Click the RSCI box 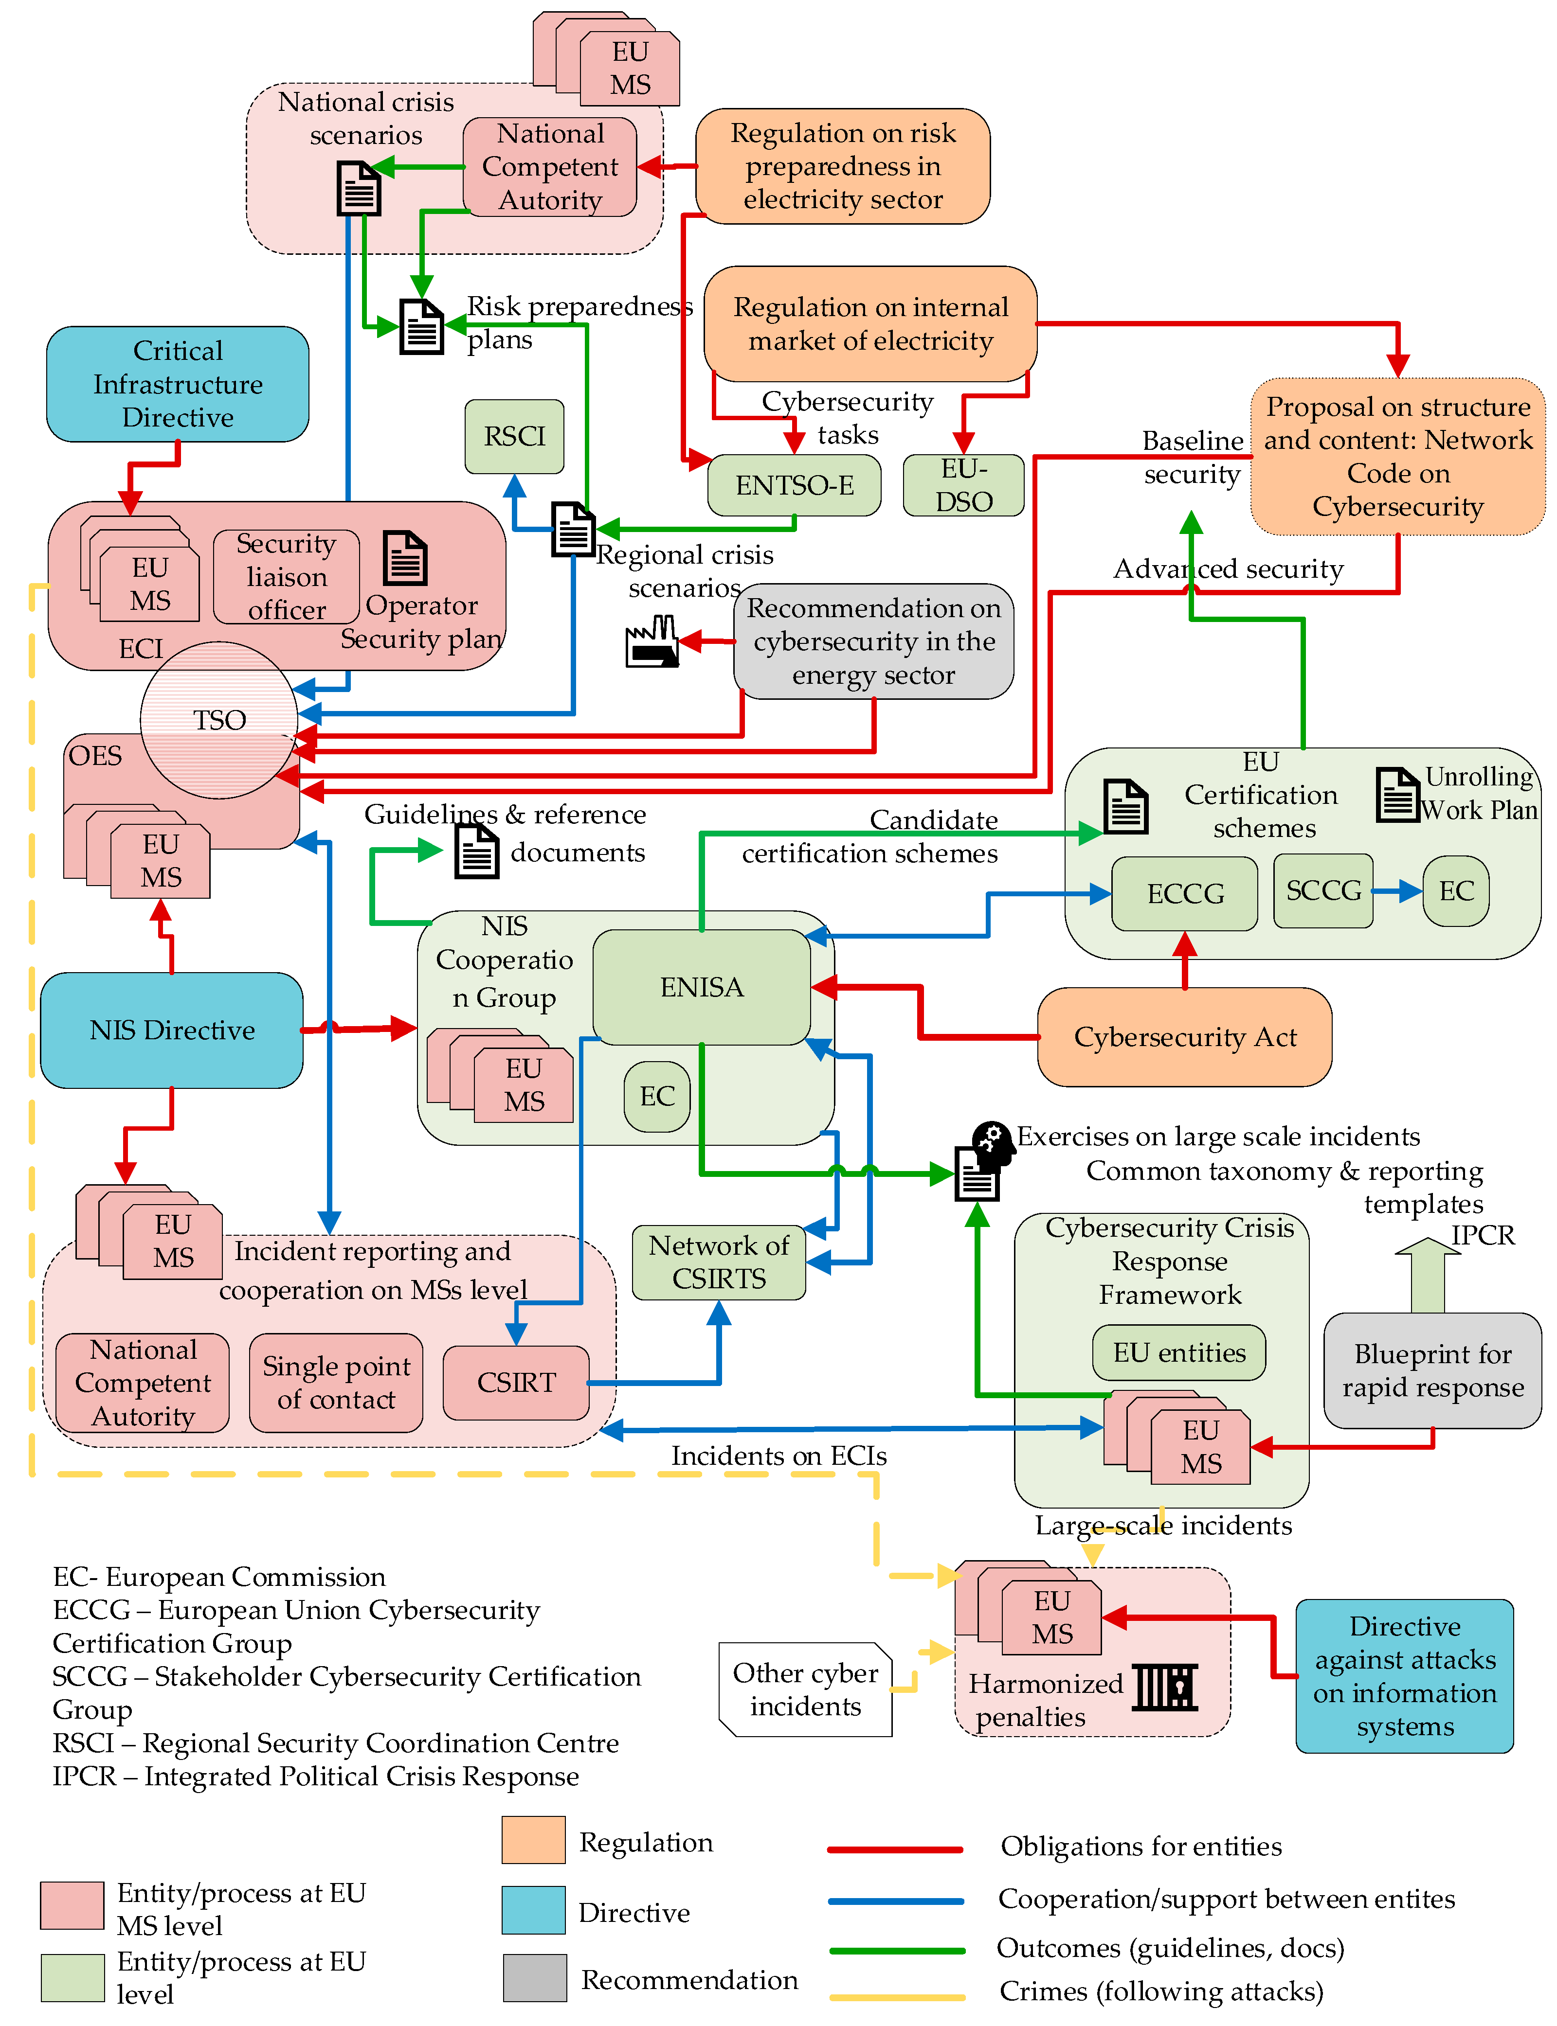(514, 436)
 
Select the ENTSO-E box (794, 485)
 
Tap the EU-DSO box (964, 485)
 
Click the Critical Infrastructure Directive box (178, 385)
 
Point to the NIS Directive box (172, 1030)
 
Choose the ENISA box (702, 988)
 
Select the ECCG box (1185, 894)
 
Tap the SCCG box (1323, 891)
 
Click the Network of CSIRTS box (719, 1262)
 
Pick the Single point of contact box (336, 1383)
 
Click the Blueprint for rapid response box (1433, 1371)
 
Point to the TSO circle (219, 720)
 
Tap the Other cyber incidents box (805, 1690)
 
